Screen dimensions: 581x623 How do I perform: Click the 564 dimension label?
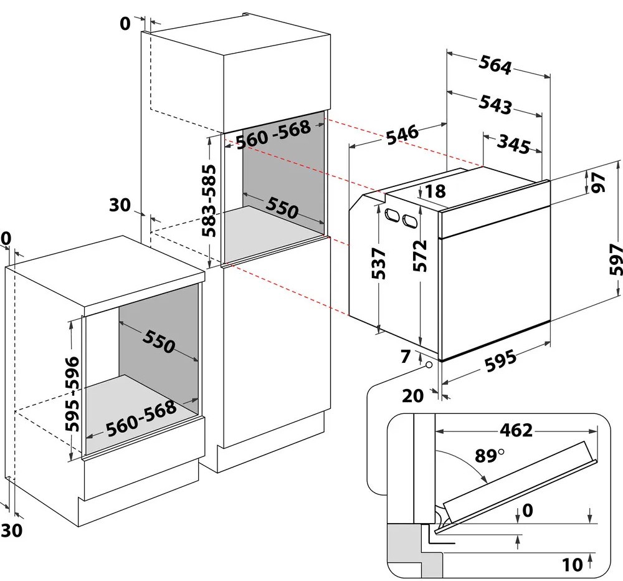tap(495, 65)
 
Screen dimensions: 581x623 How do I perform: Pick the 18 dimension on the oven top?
tap(435, 192)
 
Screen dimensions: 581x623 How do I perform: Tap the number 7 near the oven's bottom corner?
tap(406, 357)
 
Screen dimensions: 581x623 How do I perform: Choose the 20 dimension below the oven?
tap(413, 395)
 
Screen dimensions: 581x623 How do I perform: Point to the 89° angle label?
tap(488, 456)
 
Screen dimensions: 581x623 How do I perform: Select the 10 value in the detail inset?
tap(572, 565)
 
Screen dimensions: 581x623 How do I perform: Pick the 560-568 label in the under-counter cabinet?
tap(141, 418)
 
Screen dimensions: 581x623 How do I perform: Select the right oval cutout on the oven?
tap(410, 220)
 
